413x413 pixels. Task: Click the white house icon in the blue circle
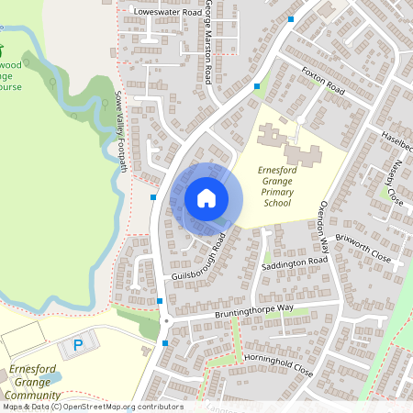click(x=206, y=197)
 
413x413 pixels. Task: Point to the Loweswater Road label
click(x=166, y=12)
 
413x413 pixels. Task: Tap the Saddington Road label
click(x=294, y=262)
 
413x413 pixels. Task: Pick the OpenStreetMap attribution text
click(x=92, y=407)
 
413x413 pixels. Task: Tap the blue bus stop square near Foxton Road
click(x=257, y=86)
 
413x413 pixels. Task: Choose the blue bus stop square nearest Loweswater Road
click(x=291, y=19)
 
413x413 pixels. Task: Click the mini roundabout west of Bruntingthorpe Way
click(x=166, y=322)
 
